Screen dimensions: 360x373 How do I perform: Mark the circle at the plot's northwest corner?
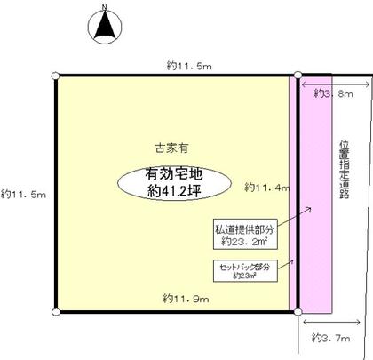pyautogui.click(x=56, y=76)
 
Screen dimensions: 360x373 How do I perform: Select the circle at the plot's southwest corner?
pyautogui.click(x=56, y=312)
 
